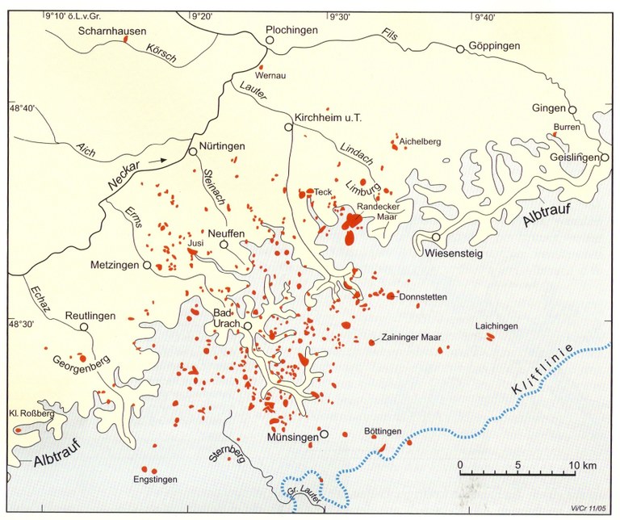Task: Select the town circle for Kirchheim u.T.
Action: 287,128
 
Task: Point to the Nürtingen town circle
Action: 193,151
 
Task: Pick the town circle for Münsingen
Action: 324,434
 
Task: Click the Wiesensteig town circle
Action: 436,237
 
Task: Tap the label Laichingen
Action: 496,325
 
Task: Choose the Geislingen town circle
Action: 604,158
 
